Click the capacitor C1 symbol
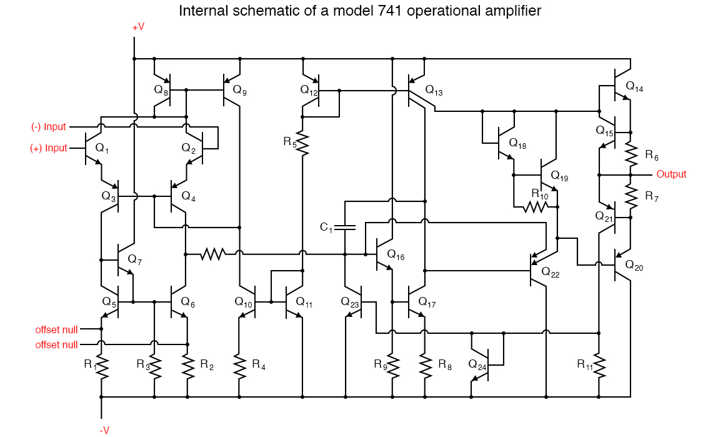tap(345, 226)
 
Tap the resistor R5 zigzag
tap(303, 143)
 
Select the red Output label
tap(671, 174)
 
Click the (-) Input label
tap(49, 127)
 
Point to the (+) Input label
tap(49, 148)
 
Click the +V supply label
tap(138, 27)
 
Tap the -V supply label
tap(104, 429)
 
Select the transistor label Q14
tap(634, 88)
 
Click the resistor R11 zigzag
tap(599, 365)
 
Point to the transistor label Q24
tap(477, 363)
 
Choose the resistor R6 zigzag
tap(631, 154)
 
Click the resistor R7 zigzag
tap(631, 196)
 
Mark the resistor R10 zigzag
tap(536, 206)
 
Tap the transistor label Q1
tap(102, 149)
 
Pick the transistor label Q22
tap(551, 272)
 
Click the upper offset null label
tap(57, 329)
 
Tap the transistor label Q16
tap(396, 254)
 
